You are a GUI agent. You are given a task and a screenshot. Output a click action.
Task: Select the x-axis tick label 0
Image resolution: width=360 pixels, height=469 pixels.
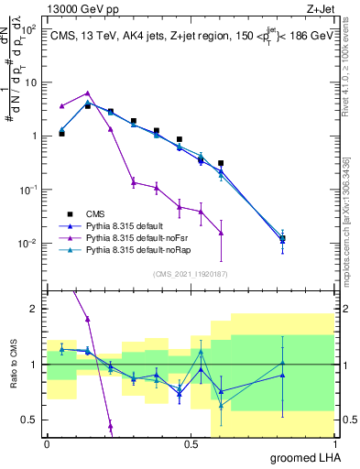[47, 443]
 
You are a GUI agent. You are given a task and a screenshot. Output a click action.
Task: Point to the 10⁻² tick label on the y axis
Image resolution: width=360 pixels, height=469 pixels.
[28, 243]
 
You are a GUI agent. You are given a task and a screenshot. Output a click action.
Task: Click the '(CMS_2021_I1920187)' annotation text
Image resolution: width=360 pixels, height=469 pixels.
[191, 273]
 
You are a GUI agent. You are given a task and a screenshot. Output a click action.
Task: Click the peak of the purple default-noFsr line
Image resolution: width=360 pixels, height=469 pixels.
[87, 93]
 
